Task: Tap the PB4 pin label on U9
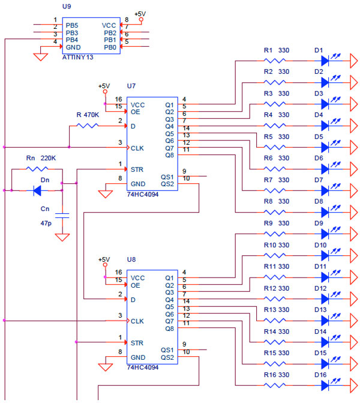72,40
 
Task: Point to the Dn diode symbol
37,190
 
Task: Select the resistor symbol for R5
277,147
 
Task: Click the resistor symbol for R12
277,298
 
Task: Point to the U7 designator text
131,86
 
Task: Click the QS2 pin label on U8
167,357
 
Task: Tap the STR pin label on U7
137,169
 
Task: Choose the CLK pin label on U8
137,321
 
